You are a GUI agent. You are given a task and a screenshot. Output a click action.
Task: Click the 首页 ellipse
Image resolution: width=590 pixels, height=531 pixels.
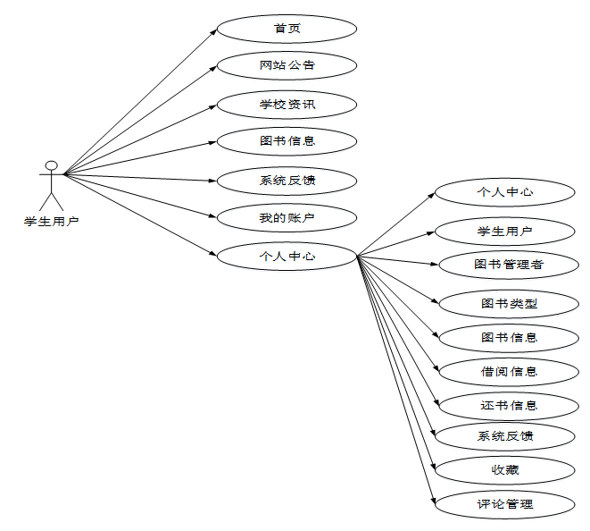[287, 28]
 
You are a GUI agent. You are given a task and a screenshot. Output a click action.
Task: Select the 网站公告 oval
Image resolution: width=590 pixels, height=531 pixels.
[287, 65]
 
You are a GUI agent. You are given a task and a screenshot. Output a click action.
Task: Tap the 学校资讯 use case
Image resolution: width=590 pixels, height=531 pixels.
[287, 105]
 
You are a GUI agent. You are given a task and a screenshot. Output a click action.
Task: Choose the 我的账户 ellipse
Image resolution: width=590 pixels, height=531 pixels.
[287, 217]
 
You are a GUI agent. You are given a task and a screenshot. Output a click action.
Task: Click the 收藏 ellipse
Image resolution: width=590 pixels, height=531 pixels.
[505, 470]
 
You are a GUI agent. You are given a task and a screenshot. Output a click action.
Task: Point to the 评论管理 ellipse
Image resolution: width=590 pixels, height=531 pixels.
[505, 504]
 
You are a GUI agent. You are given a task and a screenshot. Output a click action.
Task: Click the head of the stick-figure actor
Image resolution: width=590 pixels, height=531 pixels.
[52, 165]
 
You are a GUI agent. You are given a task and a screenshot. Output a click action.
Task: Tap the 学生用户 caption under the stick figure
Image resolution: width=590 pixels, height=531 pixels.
[51, 221]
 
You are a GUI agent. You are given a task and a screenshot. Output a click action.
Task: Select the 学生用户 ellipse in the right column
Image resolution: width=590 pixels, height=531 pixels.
[505, 232]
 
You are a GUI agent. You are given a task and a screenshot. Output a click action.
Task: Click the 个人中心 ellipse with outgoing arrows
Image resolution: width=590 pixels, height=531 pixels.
[287, 256]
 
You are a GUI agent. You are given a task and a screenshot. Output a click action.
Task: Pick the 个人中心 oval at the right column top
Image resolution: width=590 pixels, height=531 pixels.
[505, 191]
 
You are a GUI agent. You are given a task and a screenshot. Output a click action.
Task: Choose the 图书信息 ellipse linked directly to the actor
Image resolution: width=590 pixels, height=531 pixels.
[287, 140]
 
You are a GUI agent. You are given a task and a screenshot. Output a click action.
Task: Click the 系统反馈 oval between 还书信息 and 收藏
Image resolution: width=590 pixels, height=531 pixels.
[505, 436]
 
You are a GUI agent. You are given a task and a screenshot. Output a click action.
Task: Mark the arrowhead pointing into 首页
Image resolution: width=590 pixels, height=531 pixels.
[214, 31]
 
